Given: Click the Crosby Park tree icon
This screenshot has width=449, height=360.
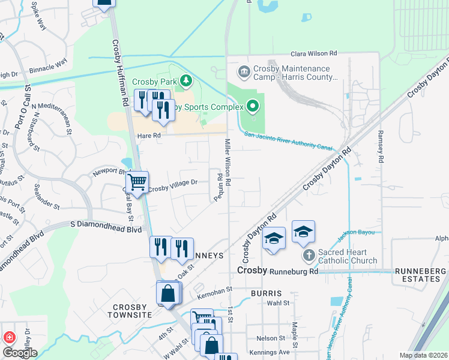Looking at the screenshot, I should coord(187,80).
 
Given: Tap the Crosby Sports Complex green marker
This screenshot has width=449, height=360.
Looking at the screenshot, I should coord(253,107).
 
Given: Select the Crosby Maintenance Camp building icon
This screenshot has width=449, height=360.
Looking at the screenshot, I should coord(244,73).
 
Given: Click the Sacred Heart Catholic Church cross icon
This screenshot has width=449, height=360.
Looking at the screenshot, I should coord(309,256).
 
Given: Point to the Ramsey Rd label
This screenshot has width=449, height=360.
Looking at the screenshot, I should coord(381,146).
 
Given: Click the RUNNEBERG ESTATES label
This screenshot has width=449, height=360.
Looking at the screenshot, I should coord(421,275).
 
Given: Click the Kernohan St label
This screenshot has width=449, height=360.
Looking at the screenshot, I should coord(214,292).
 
